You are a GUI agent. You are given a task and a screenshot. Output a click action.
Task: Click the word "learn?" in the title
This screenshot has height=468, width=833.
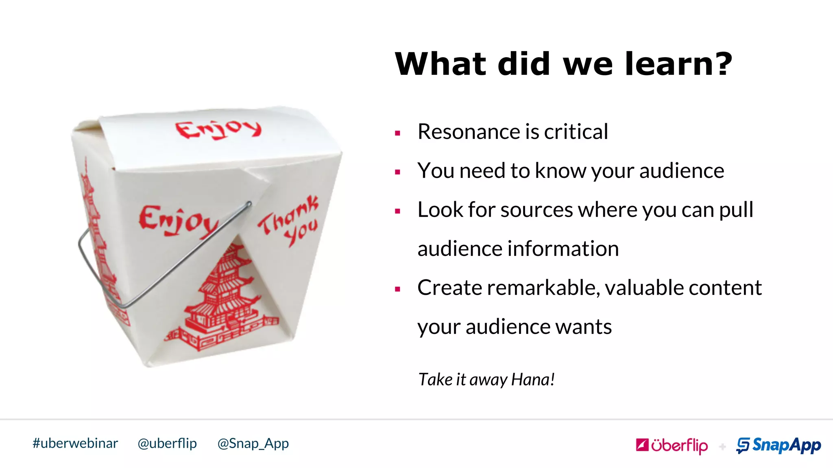(x=678, y=64)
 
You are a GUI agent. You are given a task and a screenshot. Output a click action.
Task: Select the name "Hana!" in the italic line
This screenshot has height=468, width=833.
(x=533, y=379)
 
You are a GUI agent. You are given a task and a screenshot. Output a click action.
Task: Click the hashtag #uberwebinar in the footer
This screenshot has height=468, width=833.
(x=75, y=443)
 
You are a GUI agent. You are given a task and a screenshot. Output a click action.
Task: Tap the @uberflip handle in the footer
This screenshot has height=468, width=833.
(x=167, y=443)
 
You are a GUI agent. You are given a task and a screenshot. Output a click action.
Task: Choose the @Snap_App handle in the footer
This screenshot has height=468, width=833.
(x=253, y=443)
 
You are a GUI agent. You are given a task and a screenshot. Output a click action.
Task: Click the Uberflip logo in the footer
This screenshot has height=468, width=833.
(x=672, y=446)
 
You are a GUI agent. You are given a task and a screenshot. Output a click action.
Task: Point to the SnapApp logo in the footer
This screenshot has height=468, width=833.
(x=778, y=446)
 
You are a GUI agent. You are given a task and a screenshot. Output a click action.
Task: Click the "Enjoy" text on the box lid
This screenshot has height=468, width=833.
(x=218, y=129)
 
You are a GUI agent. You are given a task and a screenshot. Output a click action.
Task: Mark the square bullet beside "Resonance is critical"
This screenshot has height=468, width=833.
(x=398, y=133)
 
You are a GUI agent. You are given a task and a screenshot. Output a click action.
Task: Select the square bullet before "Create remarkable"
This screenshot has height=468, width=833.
(x=398, y=289)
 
